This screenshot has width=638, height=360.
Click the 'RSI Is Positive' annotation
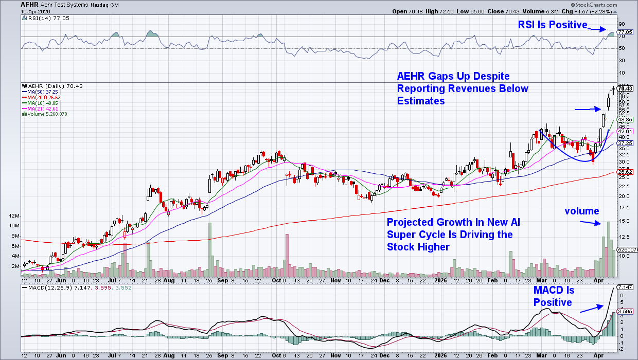coord(552,25)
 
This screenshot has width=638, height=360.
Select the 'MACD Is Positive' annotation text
coord(553,296)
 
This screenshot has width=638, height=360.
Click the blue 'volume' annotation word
coord(581,211)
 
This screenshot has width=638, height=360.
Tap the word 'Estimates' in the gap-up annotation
coord(420,101)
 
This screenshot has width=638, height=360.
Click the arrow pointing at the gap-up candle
coord(587,109)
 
